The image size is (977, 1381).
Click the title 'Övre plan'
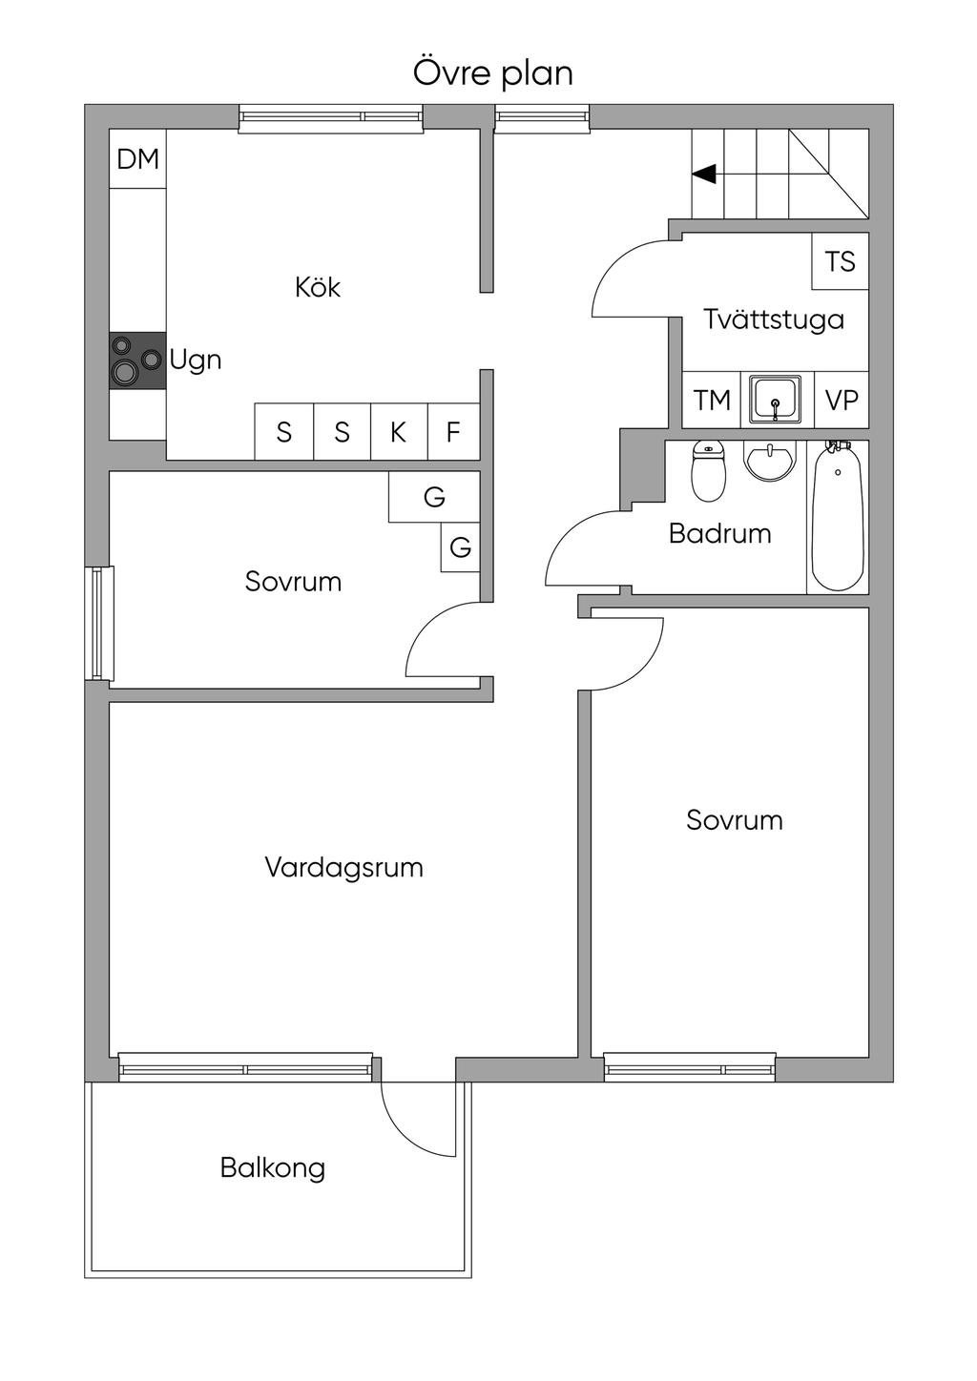point(492,72)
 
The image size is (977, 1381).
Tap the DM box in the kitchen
point(138,159)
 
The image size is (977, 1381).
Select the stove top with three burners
point(137,360)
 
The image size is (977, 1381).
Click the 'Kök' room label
point(317,287)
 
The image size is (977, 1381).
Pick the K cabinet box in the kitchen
point(399,432)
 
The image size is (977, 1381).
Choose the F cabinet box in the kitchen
point(453,432)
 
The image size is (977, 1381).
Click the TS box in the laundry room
point(840,261)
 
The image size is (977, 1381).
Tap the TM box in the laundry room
point(712,400)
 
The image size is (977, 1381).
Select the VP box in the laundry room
point(842,400)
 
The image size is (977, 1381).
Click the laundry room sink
point(775,399)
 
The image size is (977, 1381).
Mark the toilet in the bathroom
point(708,472)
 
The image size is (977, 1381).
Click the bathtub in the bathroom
point(838,517)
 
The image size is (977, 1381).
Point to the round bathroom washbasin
point(769,462)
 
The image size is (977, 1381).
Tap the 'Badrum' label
point(719,533)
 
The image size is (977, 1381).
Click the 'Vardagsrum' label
point(343,868)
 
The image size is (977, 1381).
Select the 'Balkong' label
point(273,1167)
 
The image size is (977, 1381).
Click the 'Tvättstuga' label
point(774,319)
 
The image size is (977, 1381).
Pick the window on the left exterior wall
point(99,623)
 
